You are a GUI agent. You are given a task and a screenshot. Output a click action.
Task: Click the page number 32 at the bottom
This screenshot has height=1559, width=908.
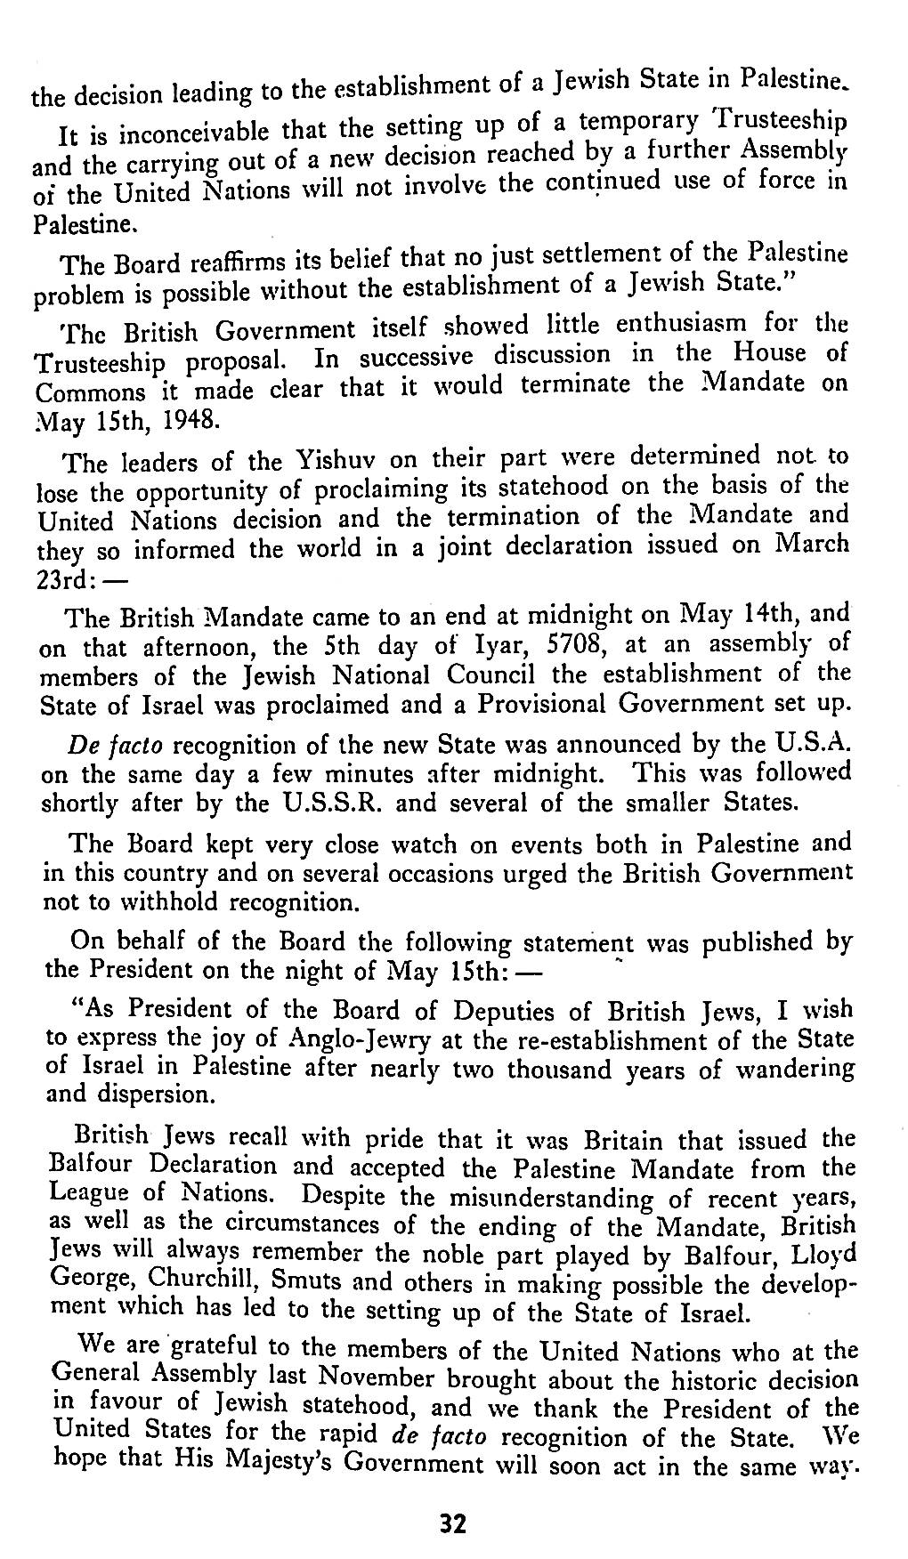453,1525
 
